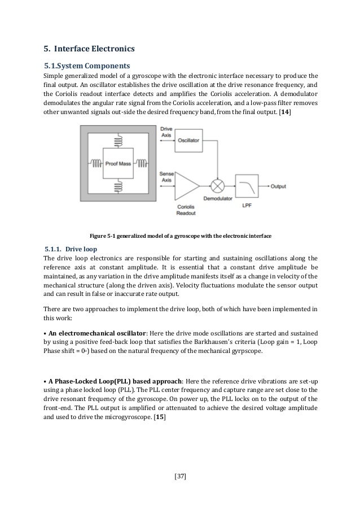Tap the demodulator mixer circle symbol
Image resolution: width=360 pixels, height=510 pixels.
point(217,186)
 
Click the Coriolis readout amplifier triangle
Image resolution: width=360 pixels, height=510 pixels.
point(188,186)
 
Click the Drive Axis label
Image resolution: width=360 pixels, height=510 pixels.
point(165,133)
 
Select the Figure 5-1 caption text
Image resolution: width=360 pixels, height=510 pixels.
point(179,236)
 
